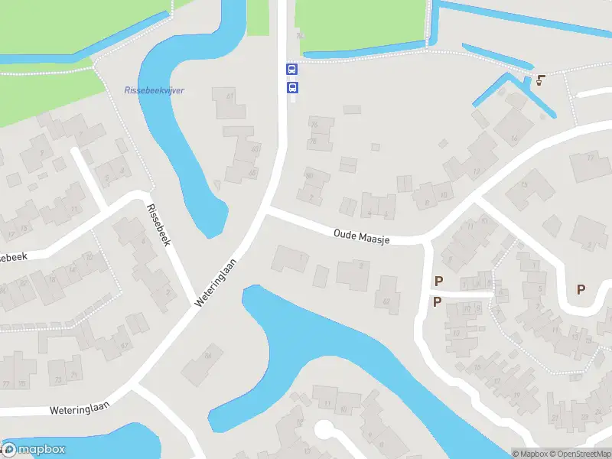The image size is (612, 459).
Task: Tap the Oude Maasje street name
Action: (x=362, y=235)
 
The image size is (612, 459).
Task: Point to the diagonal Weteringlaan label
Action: (x=216, y=282)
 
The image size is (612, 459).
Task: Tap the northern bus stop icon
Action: (x=291, y=69)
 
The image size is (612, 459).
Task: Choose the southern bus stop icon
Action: (x=291, y=88)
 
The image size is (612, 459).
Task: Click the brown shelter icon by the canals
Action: (x=541, y=80)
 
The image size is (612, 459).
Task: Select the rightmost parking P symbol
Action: (x=581, y=289)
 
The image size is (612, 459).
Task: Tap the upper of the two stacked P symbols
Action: (x=438, y=282)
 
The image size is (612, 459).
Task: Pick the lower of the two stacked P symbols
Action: (x=437, y=301)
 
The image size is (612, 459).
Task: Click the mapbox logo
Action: (x=34, y=450)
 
